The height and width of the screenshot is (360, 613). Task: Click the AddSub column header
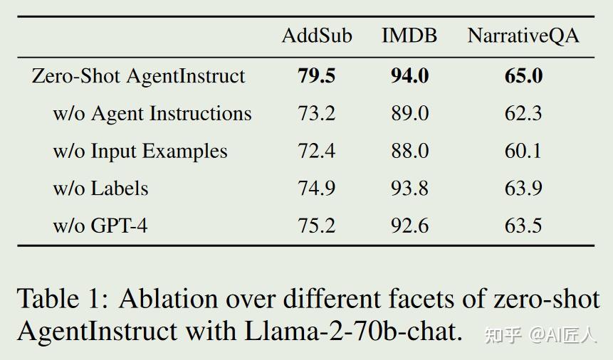tap(317, 36)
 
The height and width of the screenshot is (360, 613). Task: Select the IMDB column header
tap(409, 36)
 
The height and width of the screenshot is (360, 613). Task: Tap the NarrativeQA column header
tap(523, 36)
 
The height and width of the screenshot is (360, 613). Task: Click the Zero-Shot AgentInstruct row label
tap(138, 76)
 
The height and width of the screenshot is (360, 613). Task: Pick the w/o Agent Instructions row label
tap(152, 114)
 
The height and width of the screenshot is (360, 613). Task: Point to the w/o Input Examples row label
tap(140, 151)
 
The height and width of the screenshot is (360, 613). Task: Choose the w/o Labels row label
tap(100, 189)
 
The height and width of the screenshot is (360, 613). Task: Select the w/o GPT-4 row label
tap(100, 226)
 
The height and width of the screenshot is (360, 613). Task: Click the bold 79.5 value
tap(317, 76)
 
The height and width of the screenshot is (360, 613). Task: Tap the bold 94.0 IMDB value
tap(409, 76)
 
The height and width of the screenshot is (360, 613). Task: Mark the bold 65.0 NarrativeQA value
tap(523, 76)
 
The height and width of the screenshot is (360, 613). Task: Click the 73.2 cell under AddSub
tap(317, 114)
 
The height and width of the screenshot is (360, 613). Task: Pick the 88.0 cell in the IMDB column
tap(409, 151)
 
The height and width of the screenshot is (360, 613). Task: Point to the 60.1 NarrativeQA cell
tap(523, 151)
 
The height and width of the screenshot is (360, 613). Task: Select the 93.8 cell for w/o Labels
tap(409, 189)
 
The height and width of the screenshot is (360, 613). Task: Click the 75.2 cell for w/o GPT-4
tap(317, 226)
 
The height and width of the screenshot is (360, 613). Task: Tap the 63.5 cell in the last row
tap(523, 226)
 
